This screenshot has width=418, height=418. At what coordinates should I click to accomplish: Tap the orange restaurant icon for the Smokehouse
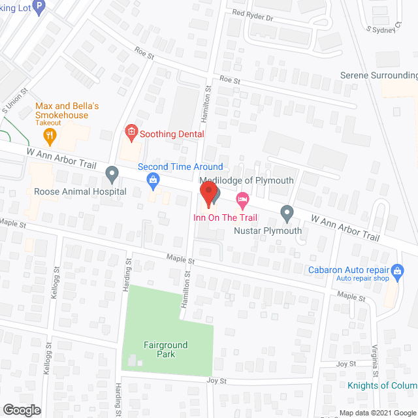coord(50,136)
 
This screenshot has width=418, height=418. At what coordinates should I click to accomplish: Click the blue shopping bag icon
coord(153,179)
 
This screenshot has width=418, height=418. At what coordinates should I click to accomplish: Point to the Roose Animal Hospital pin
coord(112,174)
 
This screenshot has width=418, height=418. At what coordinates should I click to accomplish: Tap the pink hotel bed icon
coord(242,197)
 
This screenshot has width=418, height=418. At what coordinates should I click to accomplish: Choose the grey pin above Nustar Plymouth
coord(286,212)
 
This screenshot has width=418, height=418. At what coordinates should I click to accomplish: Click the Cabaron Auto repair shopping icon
coord(396,269)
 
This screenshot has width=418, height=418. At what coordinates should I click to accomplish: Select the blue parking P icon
coord(39,8)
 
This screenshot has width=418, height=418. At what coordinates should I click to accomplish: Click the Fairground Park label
coord(166,349)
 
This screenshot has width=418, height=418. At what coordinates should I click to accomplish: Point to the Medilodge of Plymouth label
coord(246,180)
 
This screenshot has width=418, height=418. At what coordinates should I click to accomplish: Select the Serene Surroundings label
coord(379,75)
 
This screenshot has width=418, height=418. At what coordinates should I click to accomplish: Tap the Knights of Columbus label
coord(382,385)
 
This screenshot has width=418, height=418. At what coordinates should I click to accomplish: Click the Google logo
coord(21,410)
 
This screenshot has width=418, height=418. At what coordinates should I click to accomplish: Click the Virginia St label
coord(374,363)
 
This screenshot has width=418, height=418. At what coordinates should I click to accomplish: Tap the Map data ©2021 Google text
coord(378,413)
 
